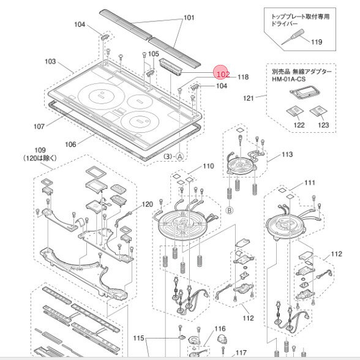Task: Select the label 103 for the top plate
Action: coord(51,62)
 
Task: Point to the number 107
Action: coord(39,127)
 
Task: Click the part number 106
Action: coord(70,144)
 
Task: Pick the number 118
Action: coord(242,77)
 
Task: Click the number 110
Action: coord(209,166)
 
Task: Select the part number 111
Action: coord(310,183)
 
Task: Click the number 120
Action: coord(147,204)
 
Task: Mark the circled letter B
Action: coord(230,209)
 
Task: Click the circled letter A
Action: coord(180,157)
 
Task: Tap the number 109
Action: coord(40,150)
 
